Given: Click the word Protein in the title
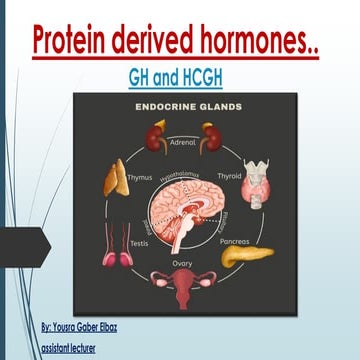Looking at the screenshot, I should [x=74, y=42].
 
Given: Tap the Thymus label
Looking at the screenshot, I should [x=140, y=177].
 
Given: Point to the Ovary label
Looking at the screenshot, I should [x=182, y=264].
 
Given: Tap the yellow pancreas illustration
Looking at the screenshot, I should [x=244, y=256].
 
